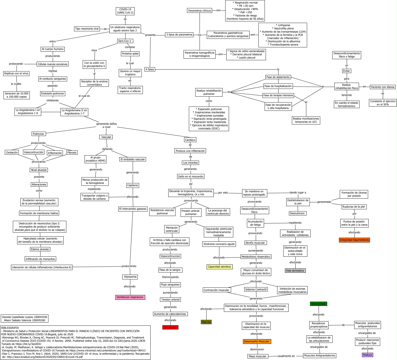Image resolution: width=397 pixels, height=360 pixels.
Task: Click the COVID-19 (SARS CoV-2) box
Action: click(125, 11)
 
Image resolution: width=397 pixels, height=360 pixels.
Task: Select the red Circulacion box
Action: click(170, 327)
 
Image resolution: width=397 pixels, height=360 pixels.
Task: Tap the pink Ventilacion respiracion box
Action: click(130, 297)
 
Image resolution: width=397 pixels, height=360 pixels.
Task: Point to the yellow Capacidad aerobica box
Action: click(219, 267)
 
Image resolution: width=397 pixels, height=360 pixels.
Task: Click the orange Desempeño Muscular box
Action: click(256, 342)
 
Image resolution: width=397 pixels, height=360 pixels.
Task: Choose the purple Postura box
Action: click(367, 355)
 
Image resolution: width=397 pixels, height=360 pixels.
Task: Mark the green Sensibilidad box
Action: click(318, 304)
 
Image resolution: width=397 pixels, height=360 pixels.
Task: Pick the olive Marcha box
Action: click(206, 322)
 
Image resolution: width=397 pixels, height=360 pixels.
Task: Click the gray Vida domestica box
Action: click(295, 271)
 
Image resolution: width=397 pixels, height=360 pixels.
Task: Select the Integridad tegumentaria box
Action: click(354, 240)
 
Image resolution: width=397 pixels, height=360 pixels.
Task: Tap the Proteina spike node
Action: click(130, 54)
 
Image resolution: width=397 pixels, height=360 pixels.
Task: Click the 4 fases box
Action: click(150, 69)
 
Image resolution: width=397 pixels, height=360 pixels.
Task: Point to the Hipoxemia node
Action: click(130, 277)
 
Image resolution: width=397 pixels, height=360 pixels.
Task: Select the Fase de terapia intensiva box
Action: click(278, 95)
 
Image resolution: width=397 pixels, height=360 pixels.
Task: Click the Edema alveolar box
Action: click(40, 249)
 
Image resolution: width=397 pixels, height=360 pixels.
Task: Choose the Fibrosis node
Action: click(72, 153)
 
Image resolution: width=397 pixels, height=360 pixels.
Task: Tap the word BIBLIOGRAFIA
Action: click(10, 328)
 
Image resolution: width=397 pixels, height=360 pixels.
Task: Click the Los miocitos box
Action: click(190, 163)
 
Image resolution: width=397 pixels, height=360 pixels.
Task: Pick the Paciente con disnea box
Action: click(383, 87)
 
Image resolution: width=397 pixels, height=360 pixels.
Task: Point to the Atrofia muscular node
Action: click(255, 243)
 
